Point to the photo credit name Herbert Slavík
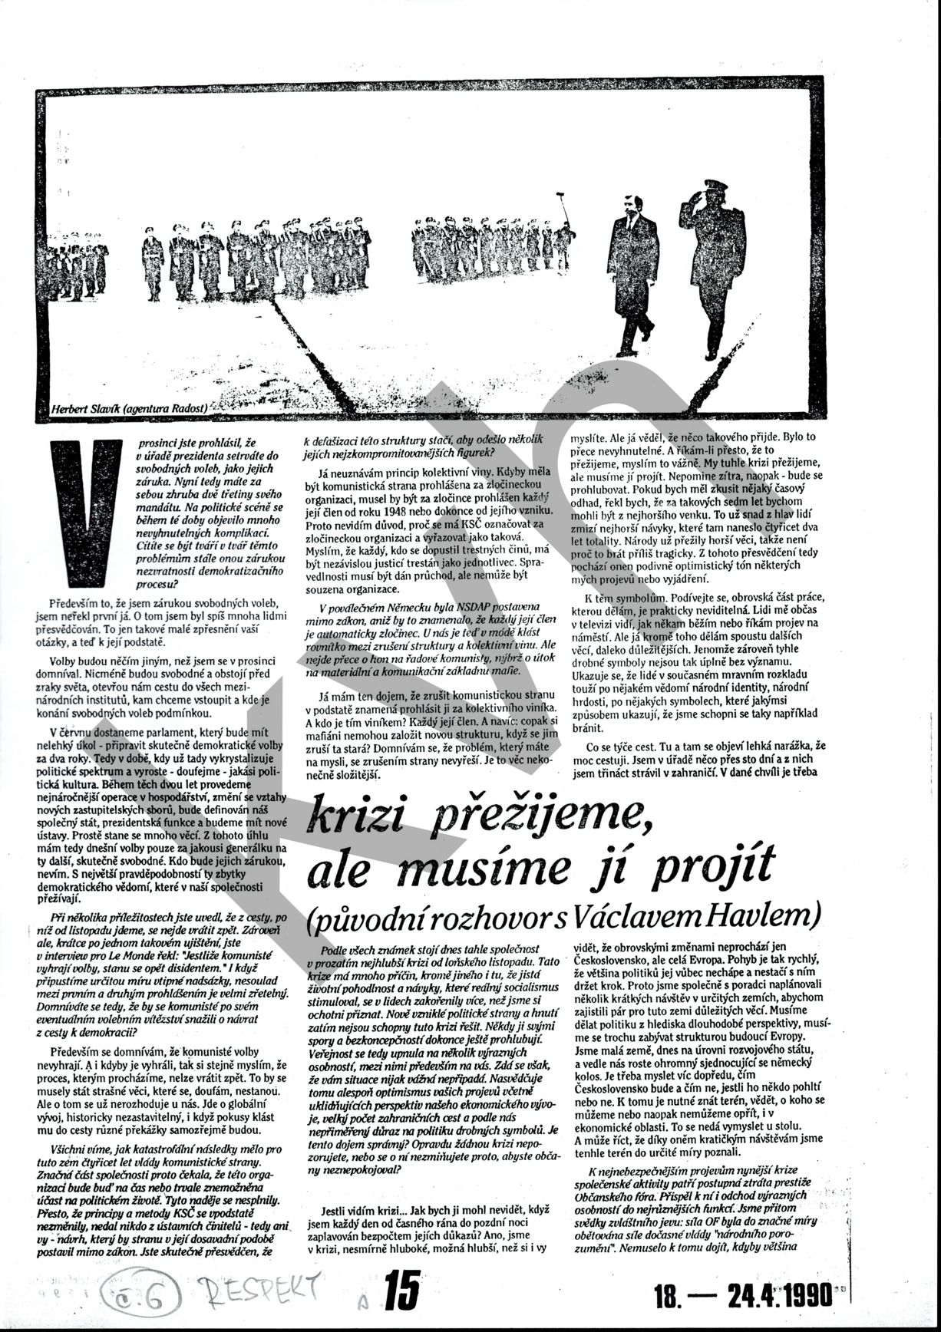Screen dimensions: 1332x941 click(86, 409)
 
